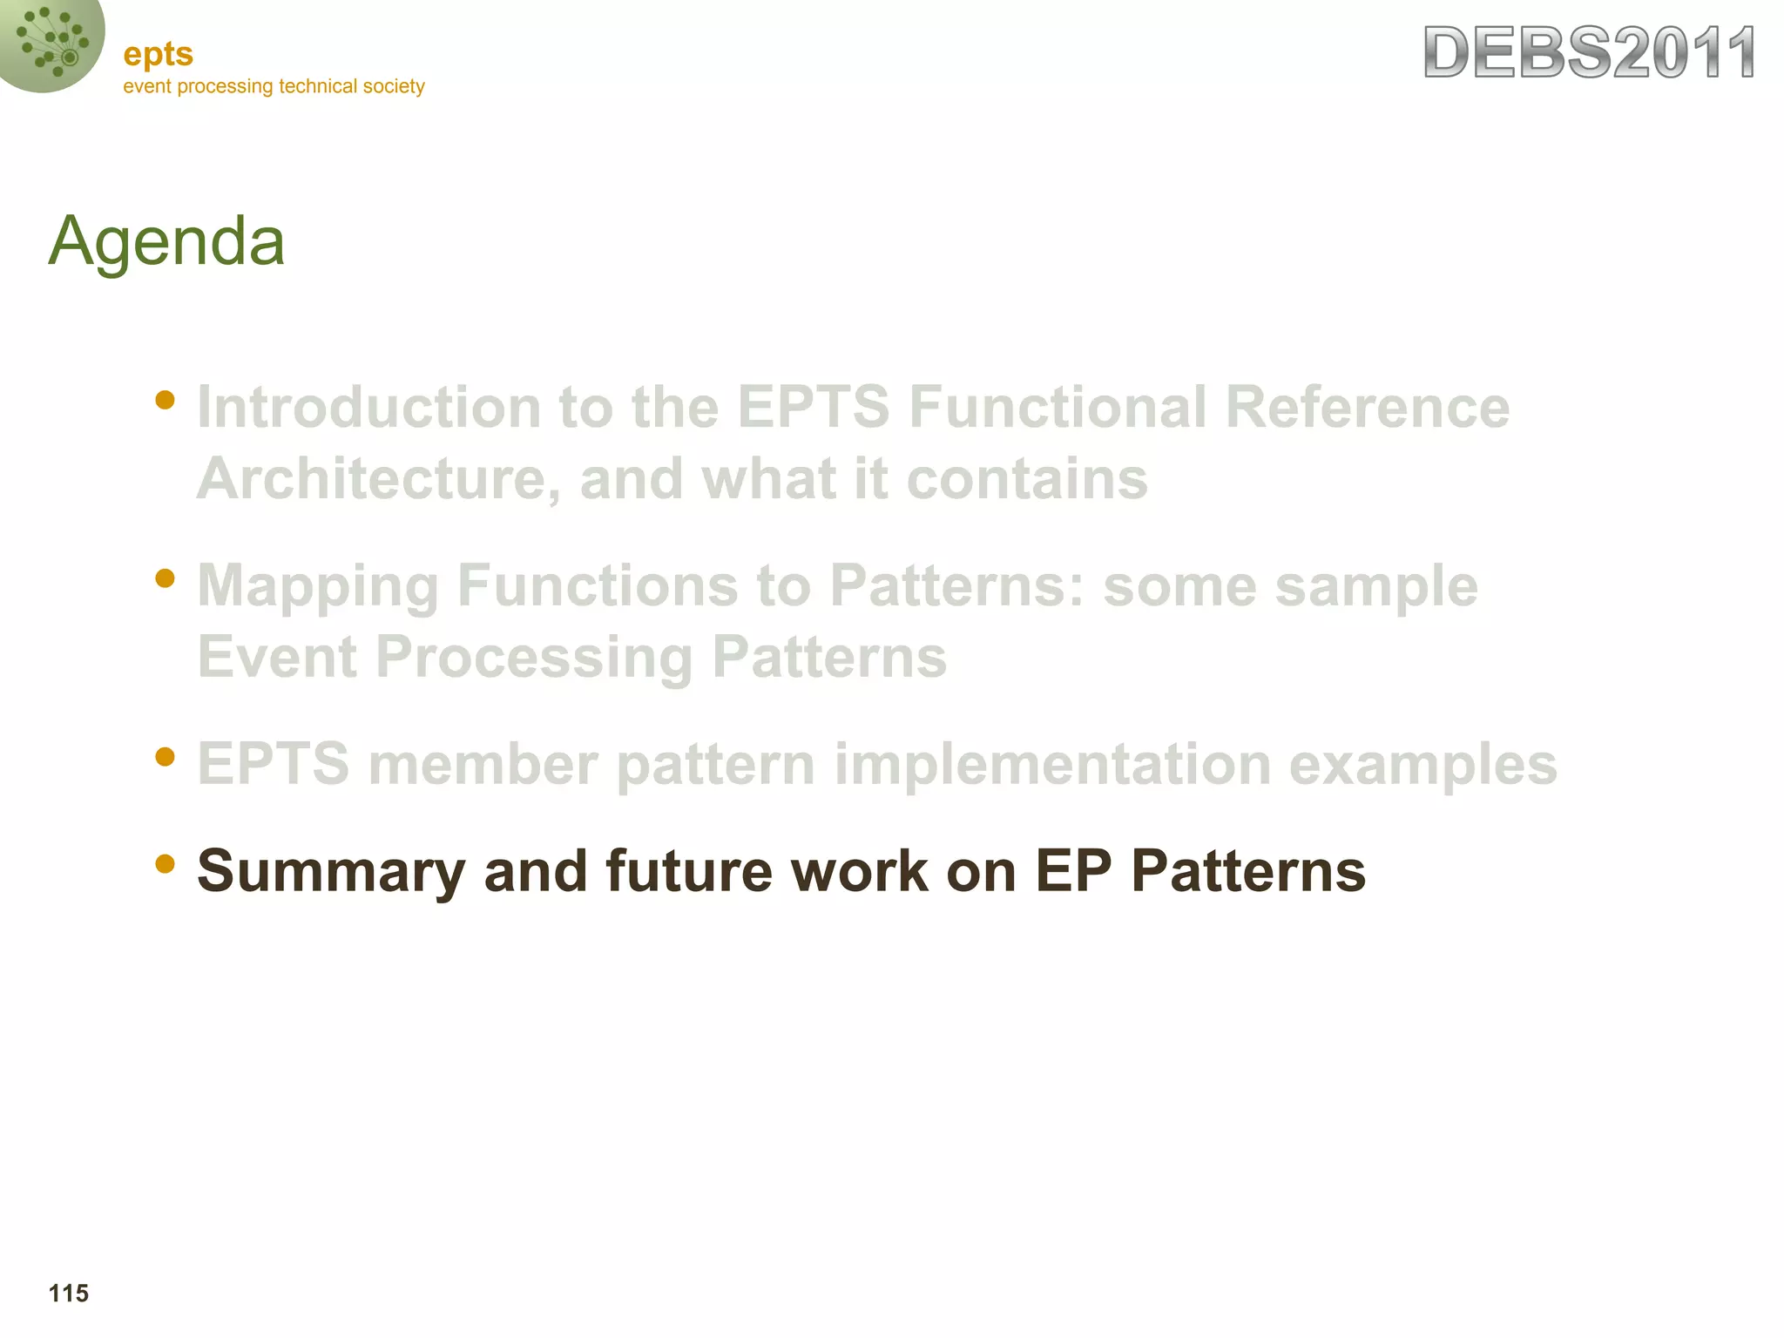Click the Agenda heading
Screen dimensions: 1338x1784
pyautogui.click(x=166, y=241)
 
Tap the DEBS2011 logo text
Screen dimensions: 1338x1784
pyautogui.click(x=1589, y=54)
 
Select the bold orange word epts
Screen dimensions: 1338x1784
pyautogui.click(x=158, y=55)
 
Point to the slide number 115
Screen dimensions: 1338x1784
pyautogui.click(x=68, y=1293)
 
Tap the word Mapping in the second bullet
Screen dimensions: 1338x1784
pyautogui.click(x=317, y=586)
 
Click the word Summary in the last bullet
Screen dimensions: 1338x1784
pyautogui.click(x=331, y=871)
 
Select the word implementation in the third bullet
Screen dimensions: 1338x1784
pyautogui.click(x=1051, y=764)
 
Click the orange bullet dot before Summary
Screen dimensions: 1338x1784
pyautogui.click(x=165, y=863)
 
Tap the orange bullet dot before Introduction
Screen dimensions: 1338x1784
pyautogui.click(x=165, y=400)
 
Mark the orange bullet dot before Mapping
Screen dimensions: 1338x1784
pyautogui.click(x=165, y=578)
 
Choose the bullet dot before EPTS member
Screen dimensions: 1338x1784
pyautogui.click(x=165, y=756)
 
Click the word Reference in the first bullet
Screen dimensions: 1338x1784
pyautogui.click(x=1367, y=407)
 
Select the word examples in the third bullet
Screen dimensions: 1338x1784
pyautogui.click(x=1422, y=764)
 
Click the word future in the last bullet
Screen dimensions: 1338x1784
pyautogui.click(x=688, y=871)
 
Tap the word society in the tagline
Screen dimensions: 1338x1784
pyautogui.click(x=394, y=86)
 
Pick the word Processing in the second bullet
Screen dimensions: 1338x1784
pyautogui.click(x=533, y=658)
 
